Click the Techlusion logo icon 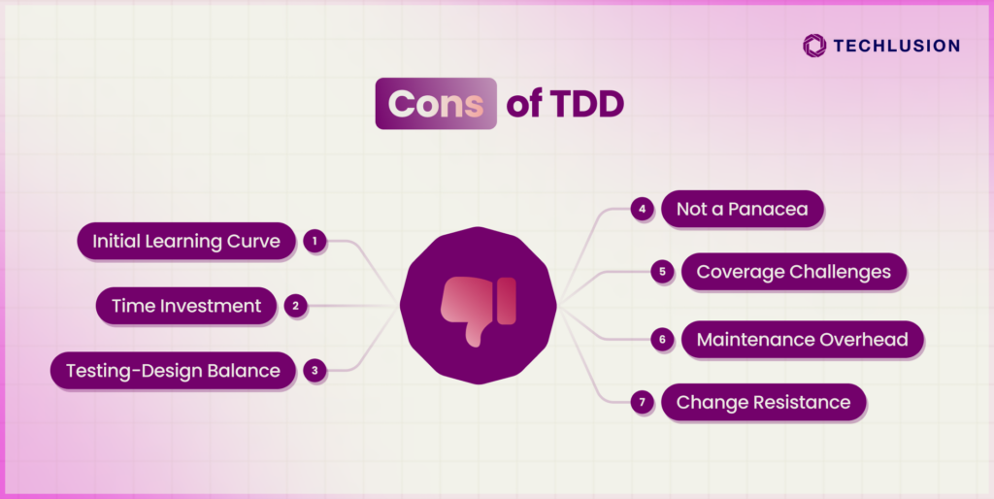[x=814, y=46]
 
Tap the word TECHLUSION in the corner [x=896, y=46]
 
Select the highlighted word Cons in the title [x=436, y=103]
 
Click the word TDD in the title [x=587, y=105]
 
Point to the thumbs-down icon [x=479, y=311]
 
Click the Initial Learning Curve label [x=186, y=241]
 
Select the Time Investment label [x=186, y=306]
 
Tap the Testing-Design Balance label [x=173, y=370]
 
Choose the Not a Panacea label [x=743, y=209]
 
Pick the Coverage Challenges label [x=794, y=272]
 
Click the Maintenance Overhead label [x=803, y=339]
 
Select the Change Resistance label [x=763, y=402]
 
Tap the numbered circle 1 [x=315, y=241]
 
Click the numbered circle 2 [x=295, y=306]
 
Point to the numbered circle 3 [x=315, y=370]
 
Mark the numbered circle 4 [x=643, y=209]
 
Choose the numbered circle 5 [x=662, y=272]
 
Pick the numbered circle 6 [x=662, y=339]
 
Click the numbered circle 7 [x=643, y=402]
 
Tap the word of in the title [x=523, y=105]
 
